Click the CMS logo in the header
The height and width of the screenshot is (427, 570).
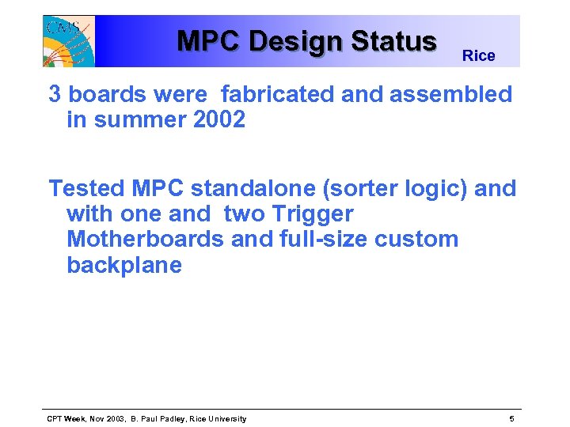click(68, 41)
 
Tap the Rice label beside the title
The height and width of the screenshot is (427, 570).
click(478, 56)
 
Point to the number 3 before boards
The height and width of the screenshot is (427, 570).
click(55, 95)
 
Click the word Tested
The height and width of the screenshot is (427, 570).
click(87, 189)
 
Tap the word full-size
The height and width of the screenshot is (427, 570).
click(314, 240)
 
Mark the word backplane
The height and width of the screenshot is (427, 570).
click(124, 266)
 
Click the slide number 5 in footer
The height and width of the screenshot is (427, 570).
click(512, 418)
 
